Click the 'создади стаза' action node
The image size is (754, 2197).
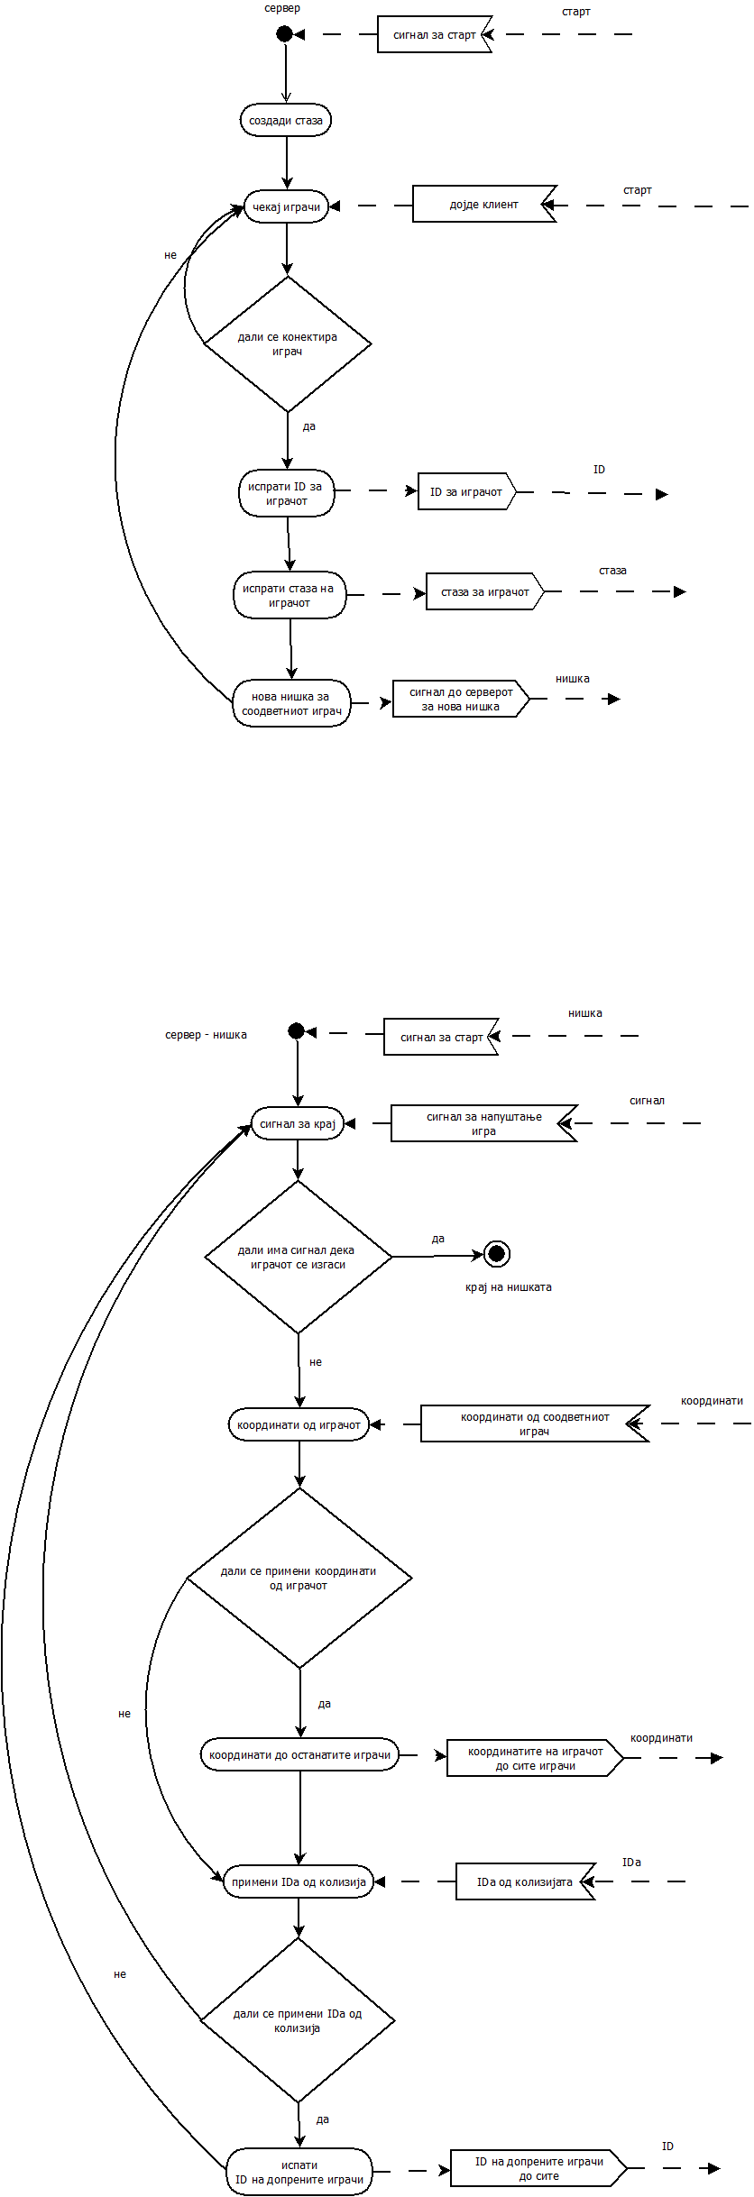pos(286,121)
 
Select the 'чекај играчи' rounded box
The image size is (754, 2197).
pos(286,207)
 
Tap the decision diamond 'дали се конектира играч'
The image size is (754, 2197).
pos(288,343)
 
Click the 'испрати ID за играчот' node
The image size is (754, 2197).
pos(286,493)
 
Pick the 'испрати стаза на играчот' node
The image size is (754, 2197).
pos(290,595)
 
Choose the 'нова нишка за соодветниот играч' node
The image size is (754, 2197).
pos(291,703)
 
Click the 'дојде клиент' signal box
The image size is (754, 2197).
pos(483,205)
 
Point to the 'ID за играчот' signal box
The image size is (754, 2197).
pos(466,492)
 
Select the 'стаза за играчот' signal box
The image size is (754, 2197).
pos(484,592)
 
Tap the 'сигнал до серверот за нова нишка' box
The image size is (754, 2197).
pos(460,699)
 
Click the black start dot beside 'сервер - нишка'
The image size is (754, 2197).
pos(296,1031)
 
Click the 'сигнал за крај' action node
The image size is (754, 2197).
pos(298,1124)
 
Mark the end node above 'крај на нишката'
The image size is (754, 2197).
pos(496,1254)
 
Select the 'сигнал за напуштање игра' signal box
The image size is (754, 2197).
pos(483,1123)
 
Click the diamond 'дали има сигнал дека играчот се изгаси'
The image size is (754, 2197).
pos(298,1257)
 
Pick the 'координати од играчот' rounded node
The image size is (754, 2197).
pos(299,1425)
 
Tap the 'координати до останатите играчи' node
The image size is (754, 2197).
pos(299,1755)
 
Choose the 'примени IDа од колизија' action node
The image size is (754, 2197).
pos(299,1882)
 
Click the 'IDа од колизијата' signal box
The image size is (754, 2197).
pos(525,1881)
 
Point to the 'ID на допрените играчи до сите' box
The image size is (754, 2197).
pos(538,2168)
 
